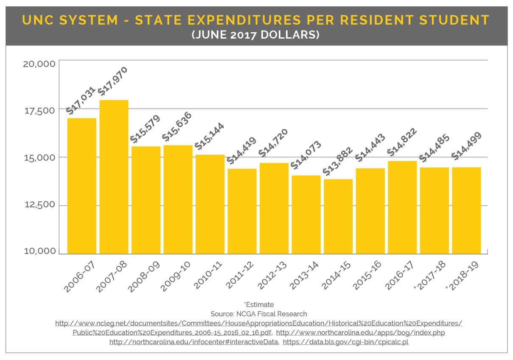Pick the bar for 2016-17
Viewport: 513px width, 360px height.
[402, 207]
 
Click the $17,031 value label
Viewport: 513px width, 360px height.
[81, 100]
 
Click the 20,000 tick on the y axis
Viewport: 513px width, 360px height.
[39, 64]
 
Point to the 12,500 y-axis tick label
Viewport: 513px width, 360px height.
[39, 205]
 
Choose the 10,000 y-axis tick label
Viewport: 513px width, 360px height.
[39, 251]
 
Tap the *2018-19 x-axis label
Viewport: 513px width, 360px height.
[462, 277]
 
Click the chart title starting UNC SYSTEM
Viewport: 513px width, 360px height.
[256, 20]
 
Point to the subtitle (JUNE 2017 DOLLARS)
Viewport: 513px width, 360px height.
[256, 35]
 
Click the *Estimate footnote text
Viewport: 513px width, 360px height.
[259, 304]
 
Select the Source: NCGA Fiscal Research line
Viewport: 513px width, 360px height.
[259, 314]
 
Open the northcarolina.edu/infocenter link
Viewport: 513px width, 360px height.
[194, 342]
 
